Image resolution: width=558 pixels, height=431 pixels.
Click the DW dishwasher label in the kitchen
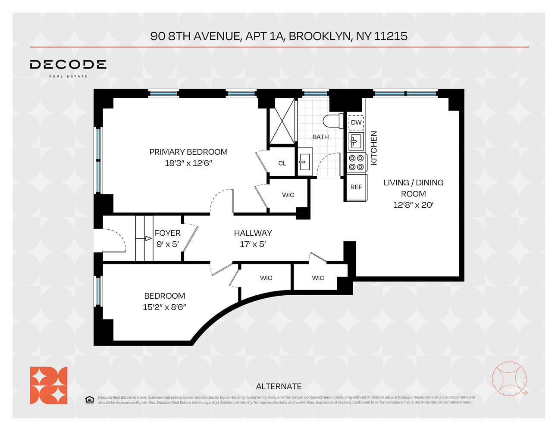356,122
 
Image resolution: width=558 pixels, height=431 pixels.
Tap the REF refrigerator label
356,187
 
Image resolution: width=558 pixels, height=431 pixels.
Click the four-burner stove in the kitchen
357,162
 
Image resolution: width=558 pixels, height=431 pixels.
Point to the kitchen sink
356,141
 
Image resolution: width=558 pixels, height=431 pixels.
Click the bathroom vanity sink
304,163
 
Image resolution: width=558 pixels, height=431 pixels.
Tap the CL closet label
282,163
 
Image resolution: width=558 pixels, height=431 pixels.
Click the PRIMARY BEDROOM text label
188,152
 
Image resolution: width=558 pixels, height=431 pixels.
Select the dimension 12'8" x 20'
413,205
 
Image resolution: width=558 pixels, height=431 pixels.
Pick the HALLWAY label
253,233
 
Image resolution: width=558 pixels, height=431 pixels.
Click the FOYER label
167,233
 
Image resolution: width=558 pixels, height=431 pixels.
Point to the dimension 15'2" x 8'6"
164,307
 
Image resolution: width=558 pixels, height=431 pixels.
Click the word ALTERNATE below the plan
279,386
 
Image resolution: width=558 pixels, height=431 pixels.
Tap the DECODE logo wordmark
68,65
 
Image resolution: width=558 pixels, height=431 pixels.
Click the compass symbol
509,379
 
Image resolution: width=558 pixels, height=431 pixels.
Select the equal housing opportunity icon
89,400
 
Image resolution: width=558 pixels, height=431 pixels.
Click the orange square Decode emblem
48,385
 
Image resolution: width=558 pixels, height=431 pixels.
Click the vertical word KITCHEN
374,148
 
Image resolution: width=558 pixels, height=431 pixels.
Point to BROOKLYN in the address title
320,36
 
